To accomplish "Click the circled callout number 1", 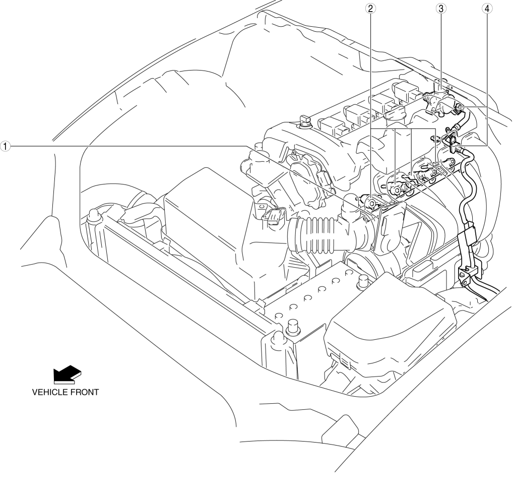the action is (x=5, y=146).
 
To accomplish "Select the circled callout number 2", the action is (x=370, y=9).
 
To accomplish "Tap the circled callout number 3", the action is (x=441, y=9).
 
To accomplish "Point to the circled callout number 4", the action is (x=487, y=9).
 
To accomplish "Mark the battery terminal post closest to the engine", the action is (x=362, y=280).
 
